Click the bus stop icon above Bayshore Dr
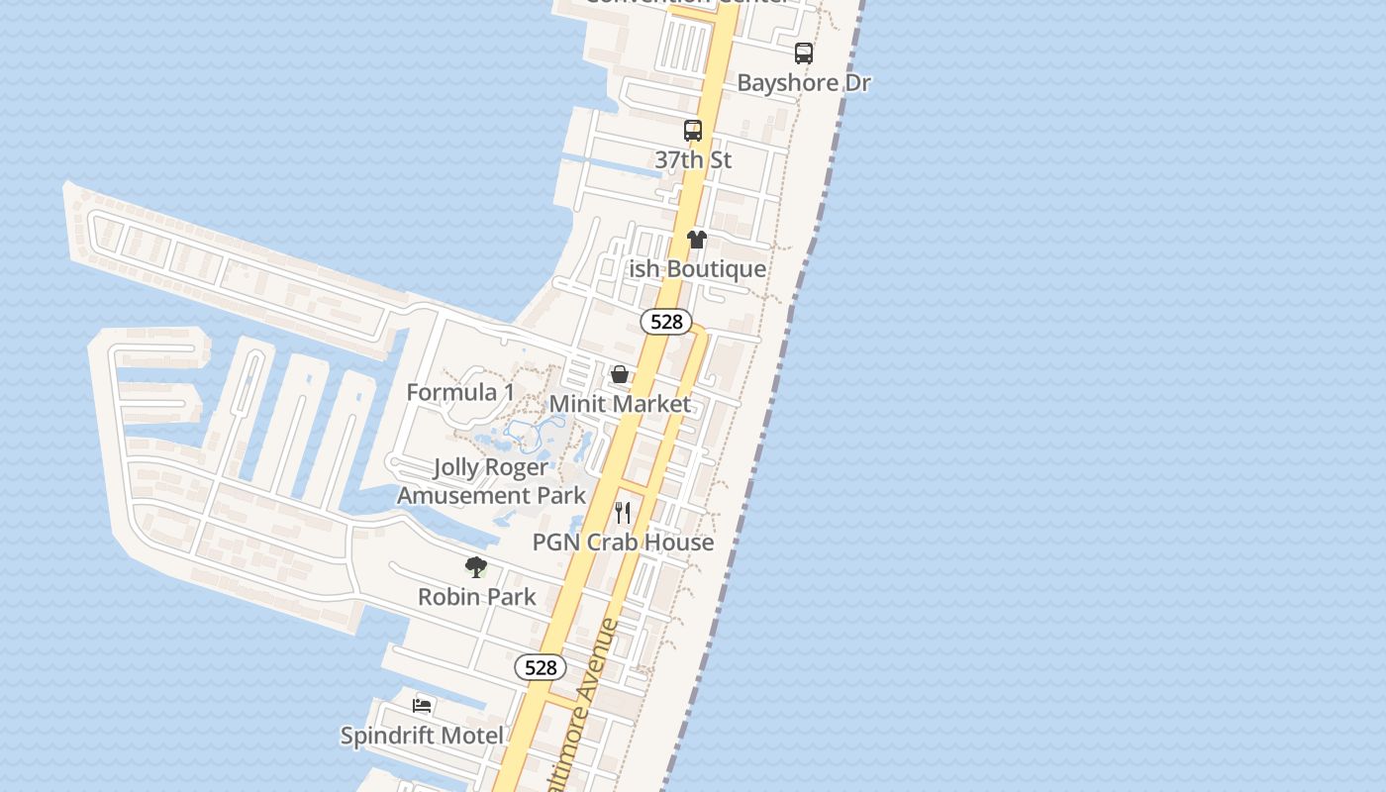pyautogui.click(x=804, y=53)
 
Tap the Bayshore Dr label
pyautogui.click(x=804, y=83)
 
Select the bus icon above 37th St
pyautogui.click(x=693, y=130)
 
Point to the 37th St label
pyautogui.click(x=693, y=159)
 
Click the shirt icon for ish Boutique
pyautogui.click(x=697, y=240)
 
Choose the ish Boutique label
pyautogui.click(x=697, y=269)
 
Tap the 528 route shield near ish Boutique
pyautogui.click(x=666, y=322)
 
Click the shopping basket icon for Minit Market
pyautogui.click(x=620, y=374)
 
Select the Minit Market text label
pyautogui.click(x=620, y=404)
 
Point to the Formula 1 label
pyautogui.click(x=460, y=393)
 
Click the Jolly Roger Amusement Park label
pyautogui.click(x=492, y=481)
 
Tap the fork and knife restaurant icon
pyautogui.click(x=623, y=513)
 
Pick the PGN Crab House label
pyautogui.click(x=623, y=543)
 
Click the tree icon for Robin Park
pyautogui.click(x=476, y=567)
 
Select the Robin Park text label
pyautogui.click(x=476, y=597)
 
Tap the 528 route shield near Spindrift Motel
pyautogui.click(x=541, y=668)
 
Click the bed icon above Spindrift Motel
pyautogui.click(x=423, y=706)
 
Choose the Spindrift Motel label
pyautogui.click(x=423, y=736)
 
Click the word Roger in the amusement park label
pyautogui.click(x=517, y=467)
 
